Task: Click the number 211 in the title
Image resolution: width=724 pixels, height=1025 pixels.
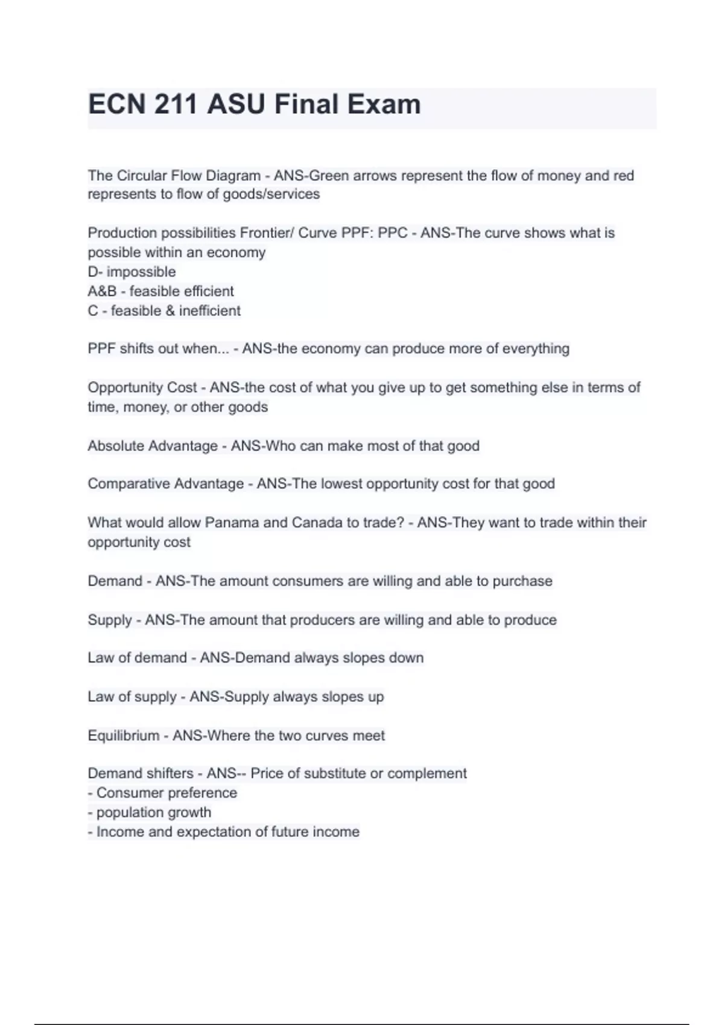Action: click(x=176, y=104)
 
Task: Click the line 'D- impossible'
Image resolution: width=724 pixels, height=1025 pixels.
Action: click(x=132, y=272)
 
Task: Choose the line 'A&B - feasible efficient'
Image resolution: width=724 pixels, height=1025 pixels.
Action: click(x=160, y=291)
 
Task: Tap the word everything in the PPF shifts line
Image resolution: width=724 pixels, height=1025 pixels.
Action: click(x=536, y=348)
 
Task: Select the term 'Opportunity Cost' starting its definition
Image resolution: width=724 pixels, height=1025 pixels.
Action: click(x=142, y=387)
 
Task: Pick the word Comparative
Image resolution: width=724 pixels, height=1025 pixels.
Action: click(x=127, y=484)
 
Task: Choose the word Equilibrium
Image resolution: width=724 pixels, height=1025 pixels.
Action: click(x=123, y=736)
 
